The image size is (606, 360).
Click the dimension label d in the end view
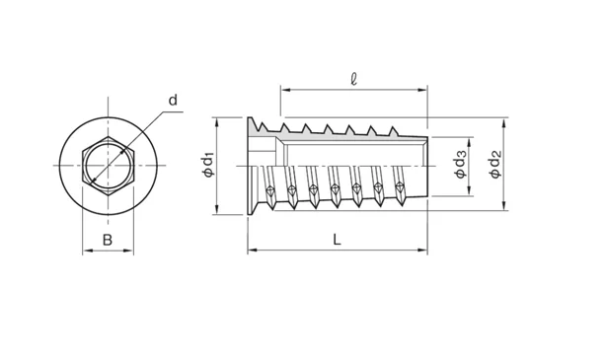point(173,101)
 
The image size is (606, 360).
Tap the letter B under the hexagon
point(108,240)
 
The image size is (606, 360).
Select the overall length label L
point(338,240)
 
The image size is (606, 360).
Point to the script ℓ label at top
point(353,79)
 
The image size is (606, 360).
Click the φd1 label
point(208,166)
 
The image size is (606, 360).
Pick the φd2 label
point(495,164)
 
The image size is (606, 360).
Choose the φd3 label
point(461,164)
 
